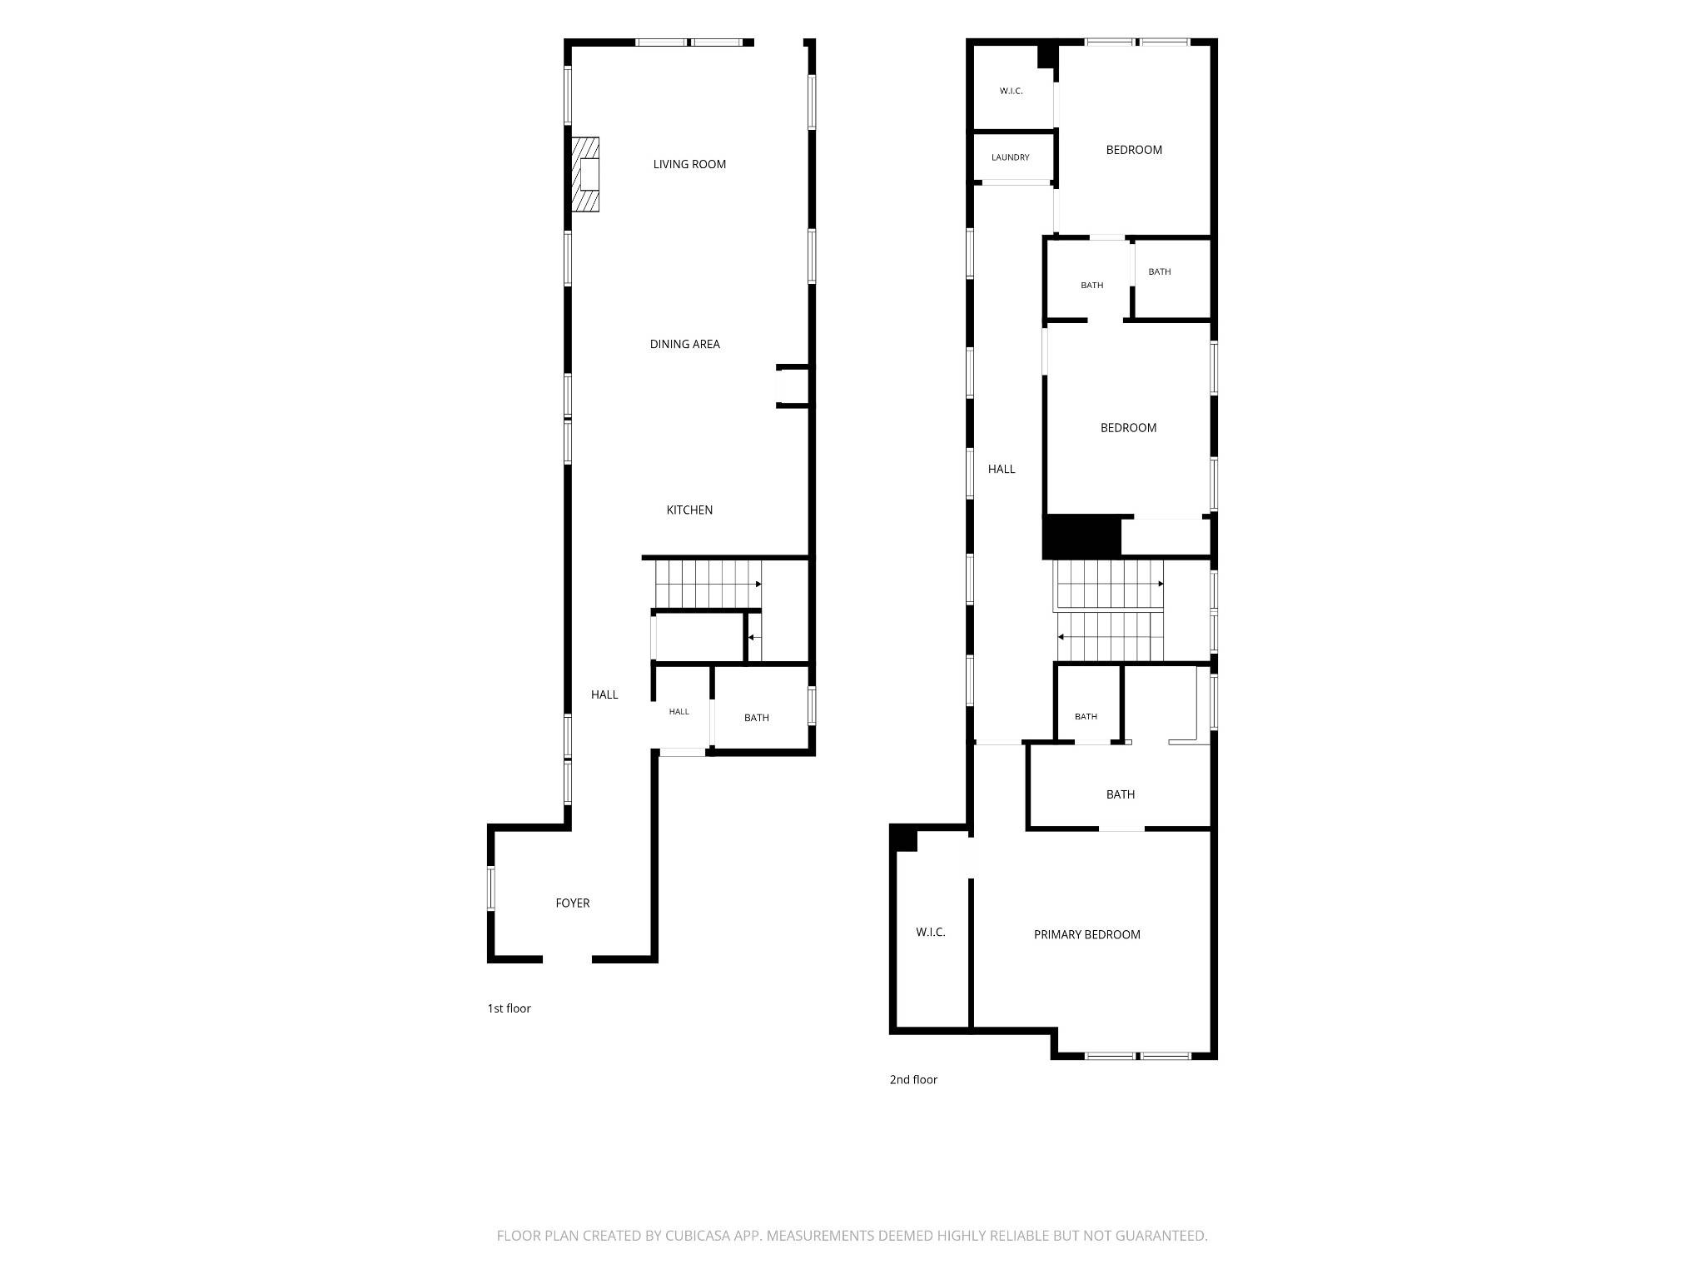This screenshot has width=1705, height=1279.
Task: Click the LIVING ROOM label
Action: click(689, 164)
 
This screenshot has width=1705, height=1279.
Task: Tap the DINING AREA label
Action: click(684, 344)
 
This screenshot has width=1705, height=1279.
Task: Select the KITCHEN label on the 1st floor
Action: click(689, 510)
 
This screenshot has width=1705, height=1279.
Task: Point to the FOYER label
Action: click(573, 903)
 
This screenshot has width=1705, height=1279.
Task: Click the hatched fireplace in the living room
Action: click(585, 175)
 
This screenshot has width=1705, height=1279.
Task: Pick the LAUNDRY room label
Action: click(1011, 157)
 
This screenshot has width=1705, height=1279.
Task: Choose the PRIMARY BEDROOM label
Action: click(1087, 934)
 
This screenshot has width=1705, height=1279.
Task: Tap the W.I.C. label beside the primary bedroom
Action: click(931, 932)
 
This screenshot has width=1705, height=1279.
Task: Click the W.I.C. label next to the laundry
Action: click(1012, 91)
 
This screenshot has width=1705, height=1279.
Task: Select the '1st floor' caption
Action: click(509, 1008)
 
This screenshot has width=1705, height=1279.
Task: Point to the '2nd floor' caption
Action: click(913, 1079)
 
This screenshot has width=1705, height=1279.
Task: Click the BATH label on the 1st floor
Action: click(757, 718)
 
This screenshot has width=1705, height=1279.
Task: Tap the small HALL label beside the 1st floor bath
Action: click(679, 711)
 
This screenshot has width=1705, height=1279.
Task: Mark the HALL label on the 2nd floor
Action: click(1002, 469)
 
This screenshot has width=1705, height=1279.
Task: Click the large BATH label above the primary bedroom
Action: click(1121, 794)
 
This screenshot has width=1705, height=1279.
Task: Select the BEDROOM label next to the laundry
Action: click(1134, 150)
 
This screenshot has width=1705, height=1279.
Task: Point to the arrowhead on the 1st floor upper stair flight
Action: click(758, 584)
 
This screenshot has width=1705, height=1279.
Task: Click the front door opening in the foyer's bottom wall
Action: click(567, 959)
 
